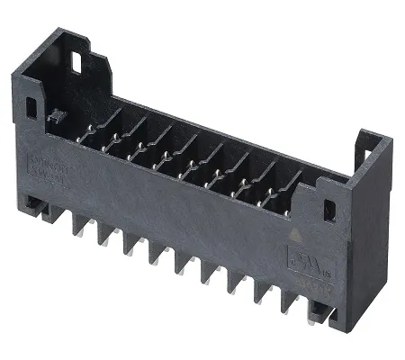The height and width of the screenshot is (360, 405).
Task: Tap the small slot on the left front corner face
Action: coord(32,106)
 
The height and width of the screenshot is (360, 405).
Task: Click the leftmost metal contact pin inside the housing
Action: coord(85,135)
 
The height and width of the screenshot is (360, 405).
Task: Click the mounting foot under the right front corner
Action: coord(317,311)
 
